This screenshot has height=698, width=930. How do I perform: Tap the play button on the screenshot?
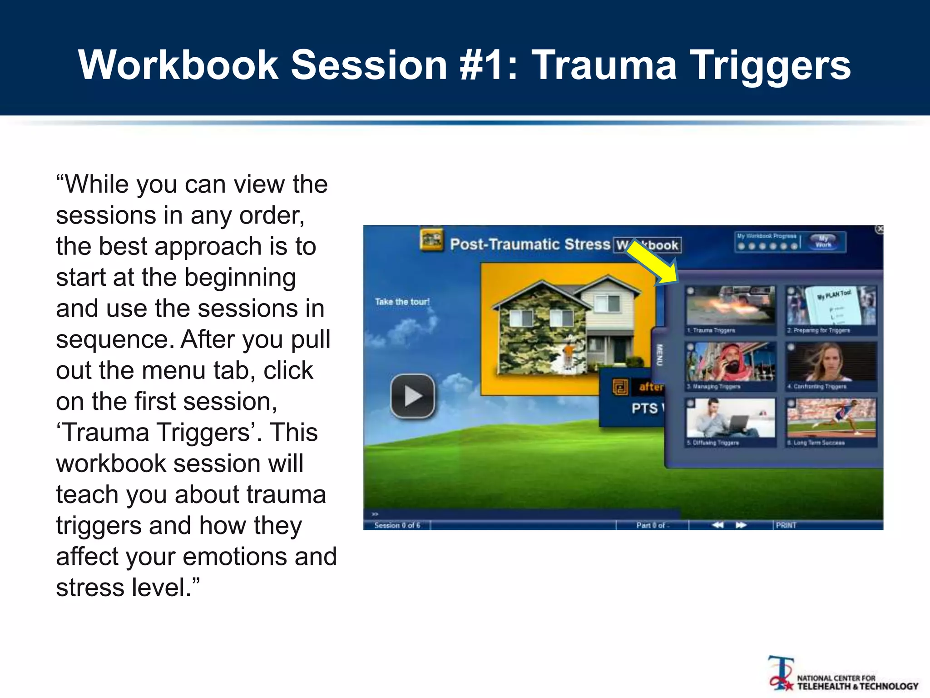point(412,396)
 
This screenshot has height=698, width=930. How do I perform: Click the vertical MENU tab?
point(659,355)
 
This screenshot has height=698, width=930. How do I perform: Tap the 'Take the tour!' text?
point(402,302)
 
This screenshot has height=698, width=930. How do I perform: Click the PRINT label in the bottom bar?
point(786,525)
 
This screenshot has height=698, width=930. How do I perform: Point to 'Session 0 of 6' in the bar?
point(397,525)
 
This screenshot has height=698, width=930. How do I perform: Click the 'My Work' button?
point(823,241)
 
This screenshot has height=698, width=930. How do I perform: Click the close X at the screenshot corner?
point(880,229)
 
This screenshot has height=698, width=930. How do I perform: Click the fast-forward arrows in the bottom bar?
point(741,525)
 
